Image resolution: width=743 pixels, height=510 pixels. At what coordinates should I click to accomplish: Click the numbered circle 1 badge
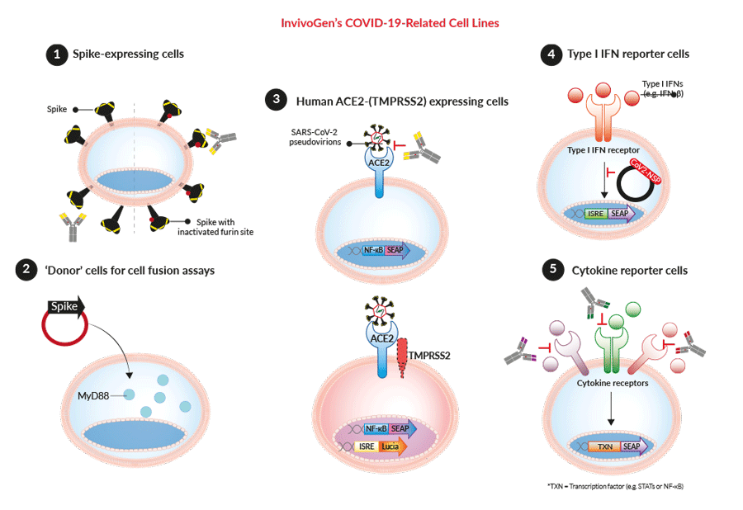coord(56,55)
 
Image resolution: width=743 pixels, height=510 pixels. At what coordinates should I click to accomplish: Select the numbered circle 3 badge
coord(274,101)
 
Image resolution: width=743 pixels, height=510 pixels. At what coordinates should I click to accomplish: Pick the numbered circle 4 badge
coord(550,55)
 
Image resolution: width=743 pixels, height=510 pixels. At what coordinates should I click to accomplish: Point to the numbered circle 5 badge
coord(551,270)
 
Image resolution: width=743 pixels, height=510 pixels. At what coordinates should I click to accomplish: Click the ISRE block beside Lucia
coord(367,446)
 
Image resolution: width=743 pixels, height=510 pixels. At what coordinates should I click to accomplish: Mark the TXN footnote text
coord(615,487)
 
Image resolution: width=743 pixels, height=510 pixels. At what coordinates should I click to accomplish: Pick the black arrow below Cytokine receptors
coord(612,409)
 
